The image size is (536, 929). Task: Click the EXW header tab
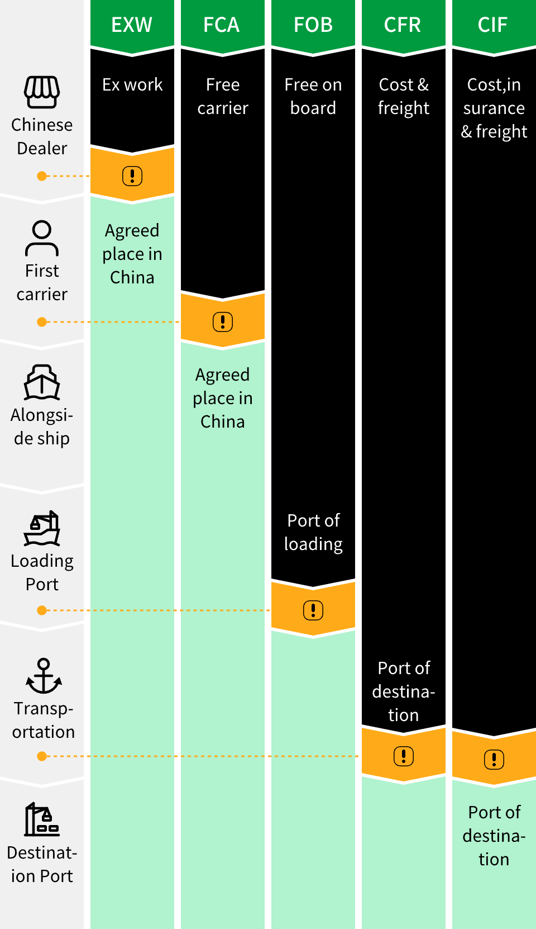pyautogui.click(x=132, y=25)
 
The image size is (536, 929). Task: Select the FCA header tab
pyautogui.click(x=222, y=25)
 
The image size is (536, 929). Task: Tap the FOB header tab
pyautogui.click(x=313, y=25)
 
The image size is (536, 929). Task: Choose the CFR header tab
pyautogui.click(x=403, y=25)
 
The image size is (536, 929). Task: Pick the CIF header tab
pyautogui.click(x=494, y=25)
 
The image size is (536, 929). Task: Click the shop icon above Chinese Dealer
pyautogui.click(x=42, y=92)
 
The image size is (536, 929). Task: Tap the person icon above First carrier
pyautogui.click(x=42, y=238)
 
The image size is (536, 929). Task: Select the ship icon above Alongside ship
pyautogui.click(x=42, y=383)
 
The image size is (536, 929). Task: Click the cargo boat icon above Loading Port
pyautogui.click(x=42, y=528)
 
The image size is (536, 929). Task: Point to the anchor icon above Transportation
pyautogui.click(x=44, y=676)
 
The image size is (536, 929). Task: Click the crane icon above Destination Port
pyautogui.click(x=42, y=820)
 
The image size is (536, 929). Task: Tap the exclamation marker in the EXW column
pyautogui.click(x=132, y=176)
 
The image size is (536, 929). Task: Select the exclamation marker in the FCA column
pyautogui.click(x=223, y=322)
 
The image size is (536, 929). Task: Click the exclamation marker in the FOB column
pyautogui.click(x=313, y=610)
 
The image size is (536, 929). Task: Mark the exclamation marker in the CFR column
pyautogui.click(x=404, y=756)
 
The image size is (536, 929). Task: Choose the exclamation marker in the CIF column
pyautogui.click(x=494, y=760)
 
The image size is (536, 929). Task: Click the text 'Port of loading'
pyautogui.click(x=313, y=532)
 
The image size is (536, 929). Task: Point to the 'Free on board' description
pyautogui.click(x=313, y=96)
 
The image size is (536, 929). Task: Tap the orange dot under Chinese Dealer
pyautogui.click(x=42, y=176)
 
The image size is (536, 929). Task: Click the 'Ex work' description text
pyautogui.click(x=132, y=84)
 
